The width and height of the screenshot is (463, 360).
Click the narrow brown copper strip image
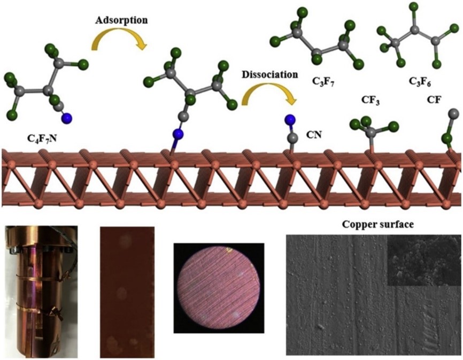click(127, 292)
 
